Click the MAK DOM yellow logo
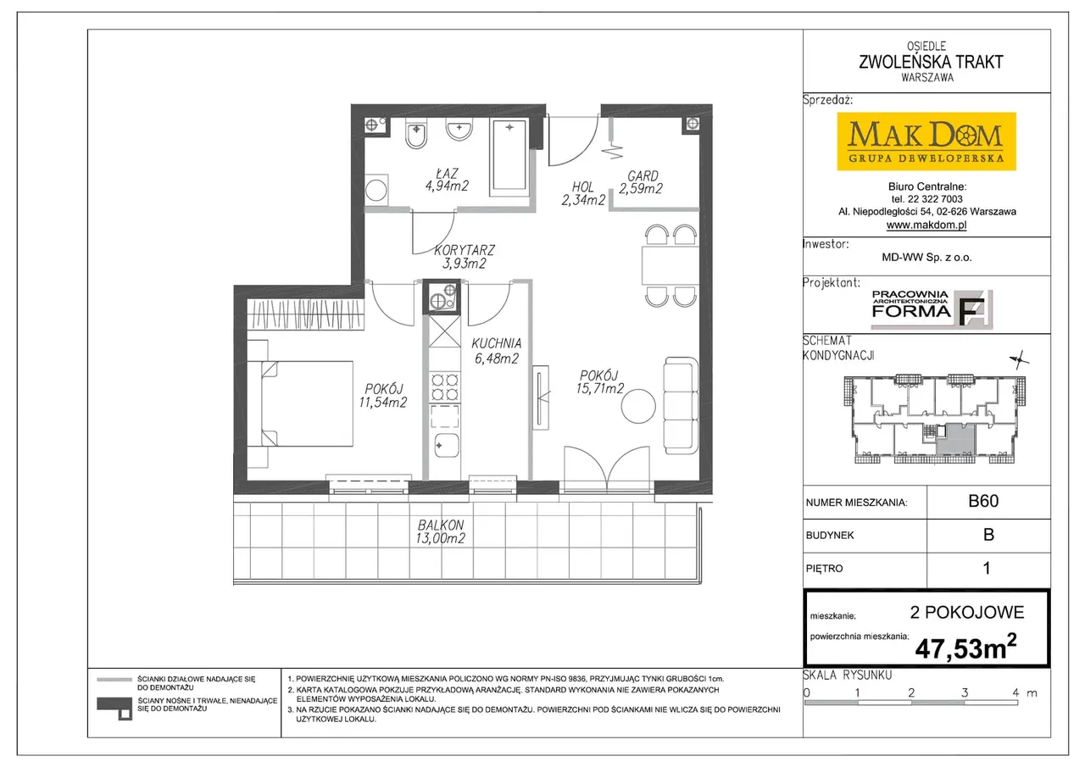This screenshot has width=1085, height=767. pyautogui.click(x=926, y=142)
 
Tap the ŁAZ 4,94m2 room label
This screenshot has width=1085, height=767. pyautogui.click(x=447, y=180)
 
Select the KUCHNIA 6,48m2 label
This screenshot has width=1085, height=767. pyautogui.click(x=497, y=351)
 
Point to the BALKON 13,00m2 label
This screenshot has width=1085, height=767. pyautogui.click(x=440, y=531)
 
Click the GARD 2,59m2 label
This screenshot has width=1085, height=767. pyautogui.click(x=641, y=182)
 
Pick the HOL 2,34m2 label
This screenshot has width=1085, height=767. pyautogui.click(x=583, y=193)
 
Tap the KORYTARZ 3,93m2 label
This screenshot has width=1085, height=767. pyautogui.click(x=464, y=257)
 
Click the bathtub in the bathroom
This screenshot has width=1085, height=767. pyautogui.click(x=509, y=157)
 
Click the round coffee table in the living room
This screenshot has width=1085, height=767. pyautogui.click(x=638, y=406)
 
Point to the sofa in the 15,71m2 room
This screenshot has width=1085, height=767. pyautogui.click(x=681, y=406)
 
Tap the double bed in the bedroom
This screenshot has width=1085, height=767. pyautogui.click(x=300, y=403)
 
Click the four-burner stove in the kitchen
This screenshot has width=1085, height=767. pyautogui.click(x=445, y=387)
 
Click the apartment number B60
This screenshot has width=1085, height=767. pyautogui.click(x=983, y=501)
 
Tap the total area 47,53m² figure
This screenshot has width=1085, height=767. pyautogui.click(x=965, y=648)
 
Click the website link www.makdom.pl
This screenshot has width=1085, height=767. pyautogui.click(x=926, y=225)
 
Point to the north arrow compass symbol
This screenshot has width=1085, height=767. pyautogui.click(x=1019, y=360)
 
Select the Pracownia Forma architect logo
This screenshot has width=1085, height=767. pyautogui.click(x=932, y=309)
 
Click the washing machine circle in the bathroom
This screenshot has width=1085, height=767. pyautogui.click(x=376, y=191)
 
